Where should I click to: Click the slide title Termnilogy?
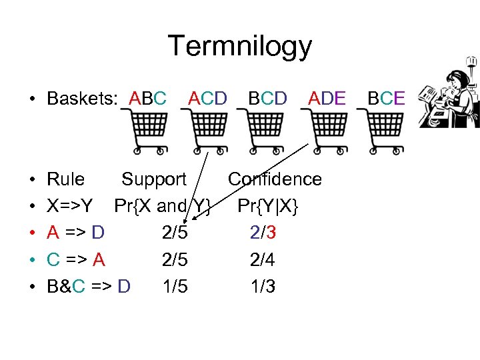239,47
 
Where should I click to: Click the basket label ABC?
148,99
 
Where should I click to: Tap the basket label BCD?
267,99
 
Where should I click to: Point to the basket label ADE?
327,99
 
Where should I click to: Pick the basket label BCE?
385,99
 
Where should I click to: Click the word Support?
153,179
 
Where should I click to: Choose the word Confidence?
275,179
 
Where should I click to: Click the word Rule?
65,179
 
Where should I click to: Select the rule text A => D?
75,233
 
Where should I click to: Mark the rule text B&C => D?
89,287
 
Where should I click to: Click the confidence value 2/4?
263,260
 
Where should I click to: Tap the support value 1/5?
175,287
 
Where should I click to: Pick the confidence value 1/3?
263,287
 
